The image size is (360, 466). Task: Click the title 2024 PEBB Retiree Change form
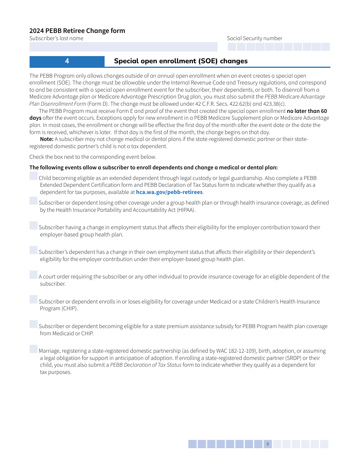77,31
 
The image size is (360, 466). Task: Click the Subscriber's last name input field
123,47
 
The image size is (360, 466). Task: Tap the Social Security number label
254,38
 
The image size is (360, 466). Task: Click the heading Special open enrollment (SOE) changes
181,61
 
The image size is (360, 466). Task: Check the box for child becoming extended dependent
34,176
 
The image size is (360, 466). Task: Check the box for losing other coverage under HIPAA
34,201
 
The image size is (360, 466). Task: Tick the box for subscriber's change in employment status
34,225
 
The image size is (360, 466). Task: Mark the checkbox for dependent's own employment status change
34,250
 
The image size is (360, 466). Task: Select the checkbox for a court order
34,275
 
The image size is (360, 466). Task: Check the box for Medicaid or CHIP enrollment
34,300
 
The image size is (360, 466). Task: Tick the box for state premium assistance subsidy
34,324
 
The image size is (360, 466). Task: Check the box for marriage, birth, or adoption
34,349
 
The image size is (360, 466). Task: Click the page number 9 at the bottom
268,444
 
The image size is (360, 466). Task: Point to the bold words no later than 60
307,111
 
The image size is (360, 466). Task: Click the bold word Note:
47,139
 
